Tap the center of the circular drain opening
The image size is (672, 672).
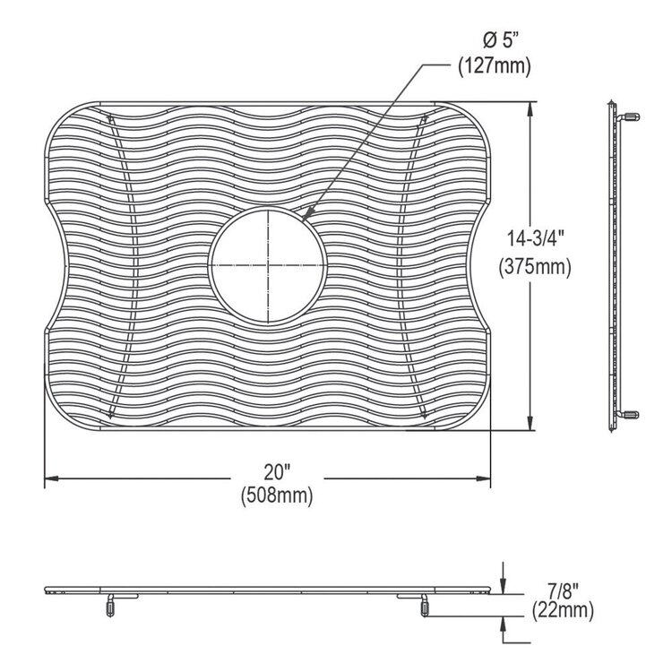click(x=266, y=267)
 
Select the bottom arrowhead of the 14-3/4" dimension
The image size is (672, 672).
click(x=534, y=426)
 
